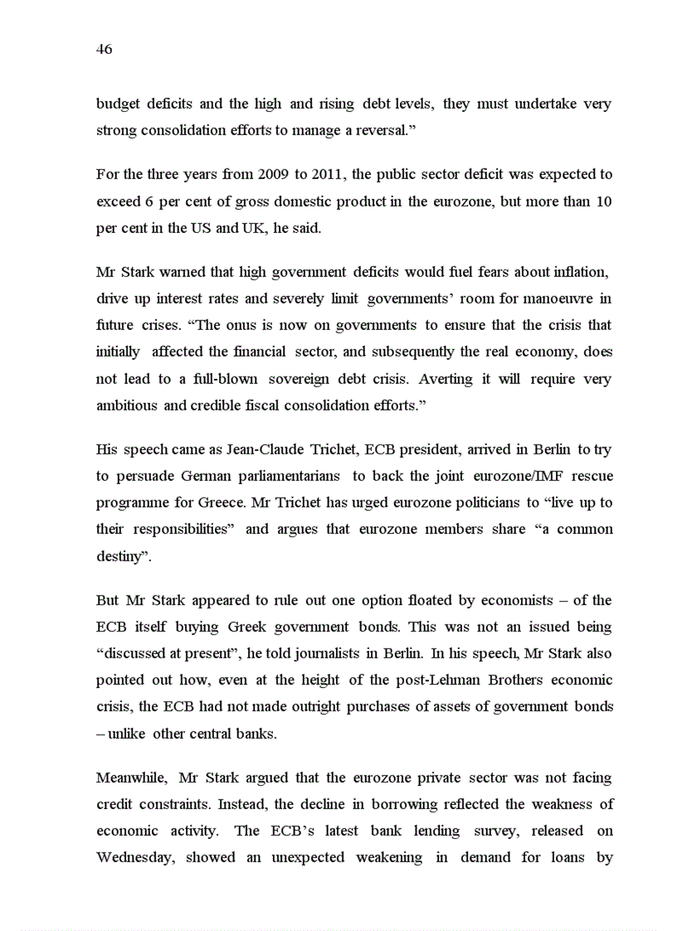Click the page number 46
pos(104,50)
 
